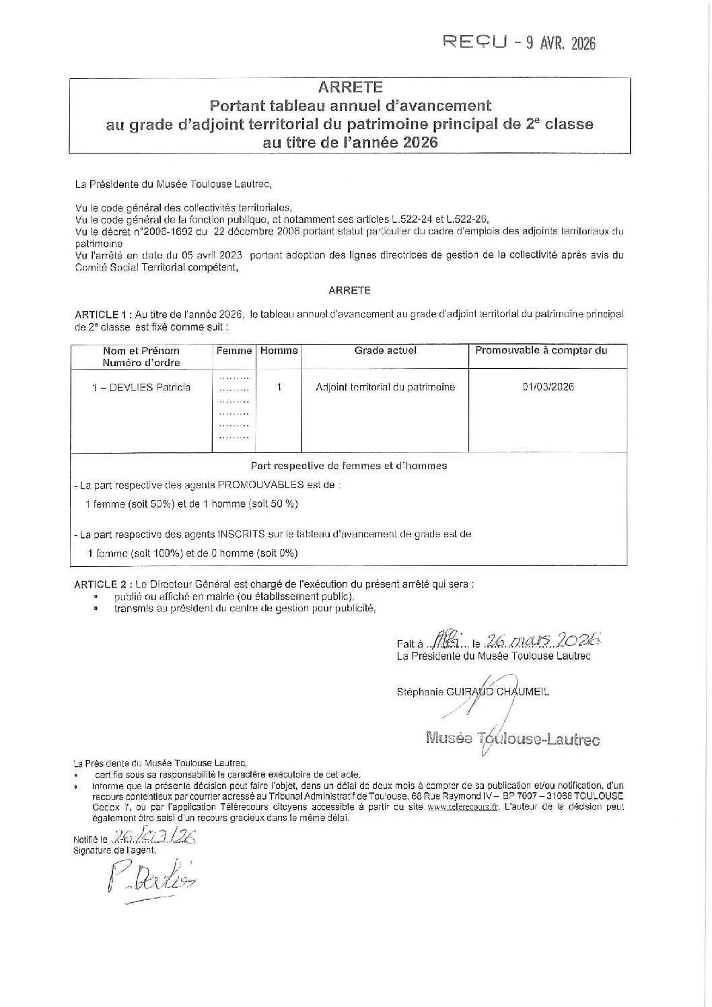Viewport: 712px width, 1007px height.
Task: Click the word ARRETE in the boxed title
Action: pos(350,88)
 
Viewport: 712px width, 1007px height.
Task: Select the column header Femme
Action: pos(234,351)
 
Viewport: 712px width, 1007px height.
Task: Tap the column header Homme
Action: pos(279,351)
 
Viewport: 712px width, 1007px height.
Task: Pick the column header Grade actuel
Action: pos(385,350)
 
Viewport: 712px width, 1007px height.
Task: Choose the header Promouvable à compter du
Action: pos(541,350)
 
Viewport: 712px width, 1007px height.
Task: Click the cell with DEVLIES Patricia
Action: pos(141,387)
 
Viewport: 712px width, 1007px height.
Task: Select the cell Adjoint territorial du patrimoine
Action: pos(385,387)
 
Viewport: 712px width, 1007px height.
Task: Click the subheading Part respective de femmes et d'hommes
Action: pos(349,465)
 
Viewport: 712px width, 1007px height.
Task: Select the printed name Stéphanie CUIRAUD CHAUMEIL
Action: pos(473,691)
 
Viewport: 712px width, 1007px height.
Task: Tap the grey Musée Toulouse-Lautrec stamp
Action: pos(513,738)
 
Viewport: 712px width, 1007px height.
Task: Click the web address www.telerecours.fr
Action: pos(462,808)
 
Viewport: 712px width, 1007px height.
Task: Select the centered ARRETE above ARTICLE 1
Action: pos(349,291)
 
